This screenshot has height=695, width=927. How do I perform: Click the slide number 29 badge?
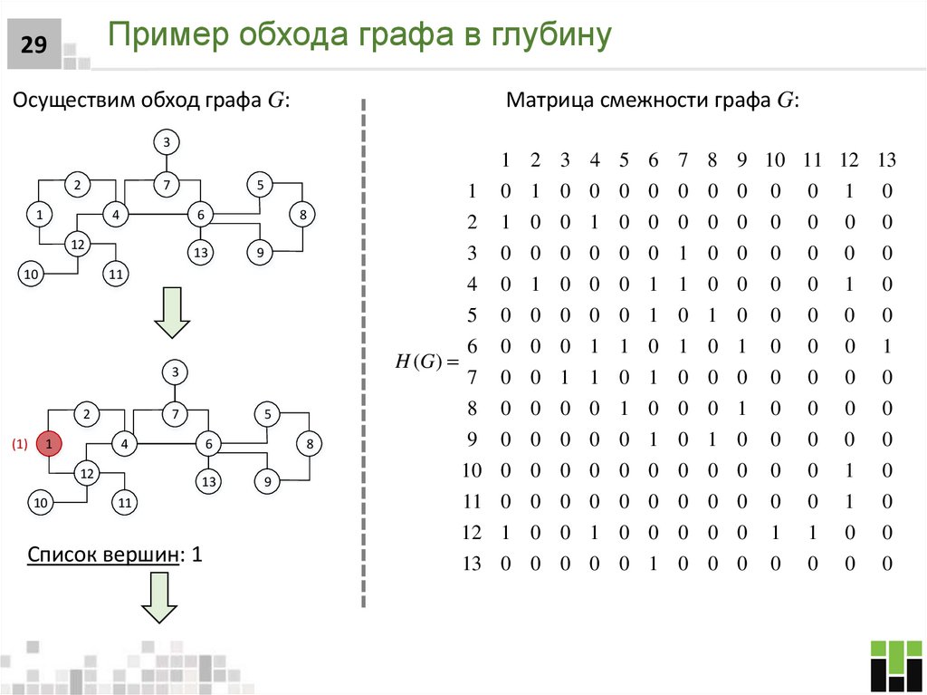(33, 45)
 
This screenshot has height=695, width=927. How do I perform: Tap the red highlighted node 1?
(49, 444)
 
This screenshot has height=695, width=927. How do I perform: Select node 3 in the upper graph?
(167, 142)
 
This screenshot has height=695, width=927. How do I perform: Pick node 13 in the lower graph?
(209, 482)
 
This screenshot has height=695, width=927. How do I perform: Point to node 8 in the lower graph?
(310, 444)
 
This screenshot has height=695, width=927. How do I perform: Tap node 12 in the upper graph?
(78, 245)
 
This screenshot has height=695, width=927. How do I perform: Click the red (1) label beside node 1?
(20, 444)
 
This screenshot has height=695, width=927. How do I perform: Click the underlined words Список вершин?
(101, 555)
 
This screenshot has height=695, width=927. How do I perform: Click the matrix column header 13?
(885, 161)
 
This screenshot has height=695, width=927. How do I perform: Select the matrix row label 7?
(472, 378)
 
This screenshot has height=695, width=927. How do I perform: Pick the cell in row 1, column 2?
(535, 192)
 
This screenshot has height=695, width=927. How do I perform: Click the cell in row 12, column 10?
(775, 533)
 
